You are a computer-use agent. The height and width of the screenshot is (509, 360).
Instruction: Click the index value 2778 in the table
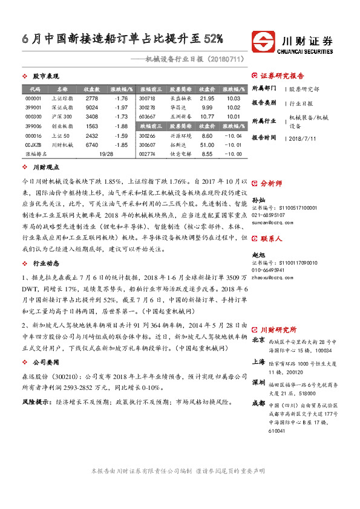91,98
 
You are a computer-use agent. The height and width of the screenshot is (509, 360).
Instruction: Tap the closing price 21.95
207,98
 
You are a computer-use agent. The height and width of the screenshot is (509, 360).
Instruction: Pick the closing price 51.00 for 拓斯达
207,145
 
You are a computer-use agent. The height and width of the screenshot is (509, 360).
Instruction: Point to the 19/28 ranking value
106,154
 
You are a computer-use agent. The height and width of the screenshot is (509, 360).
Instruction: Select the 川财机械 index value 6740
91,145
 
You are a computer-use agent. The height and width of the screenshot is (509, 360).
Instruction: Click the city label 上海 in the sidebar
258,361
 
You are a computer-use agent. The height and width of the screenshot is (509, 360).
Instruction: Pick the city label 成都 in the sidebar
258,402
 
